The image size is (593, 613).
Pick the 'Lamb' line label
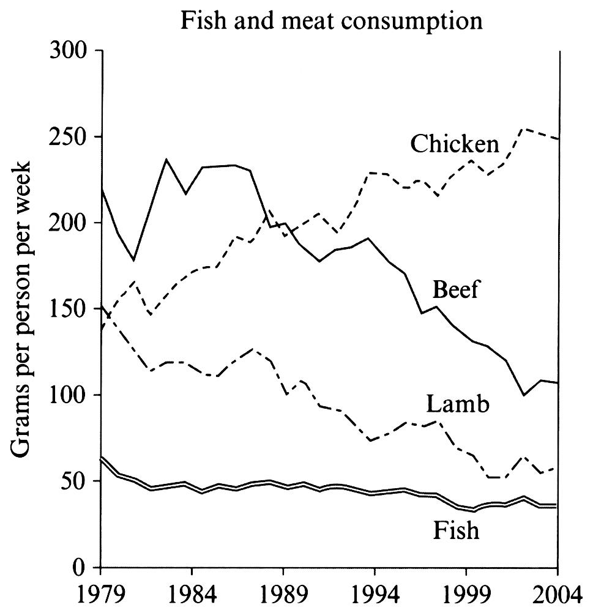click(457, 404)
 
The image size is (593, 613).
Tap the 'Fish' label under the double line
click(455, 530)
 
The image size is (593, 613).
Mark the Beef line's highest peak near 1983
click(167, 159)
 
